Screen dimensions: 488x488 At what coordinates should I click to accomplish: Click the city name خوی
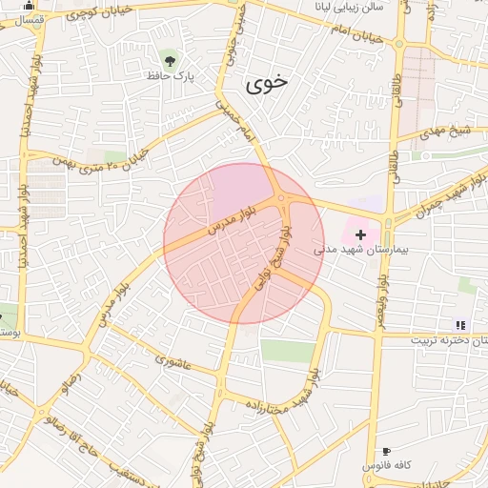click(266, 85)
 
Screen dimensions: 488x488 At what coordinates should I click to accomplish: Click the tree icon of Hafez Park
click(170, 59)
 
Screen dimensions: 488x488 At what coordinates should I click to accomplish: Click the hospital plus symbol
click(360, 234)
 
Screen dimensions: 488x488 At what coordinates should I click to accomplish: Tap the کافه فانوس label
click(386, 465)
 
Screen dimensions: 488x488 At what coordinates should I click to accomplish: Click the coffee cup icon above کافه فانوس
click(386, 451)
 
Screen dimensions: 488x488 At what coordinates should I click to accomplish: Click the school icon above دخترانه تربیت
click(461, 326)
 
